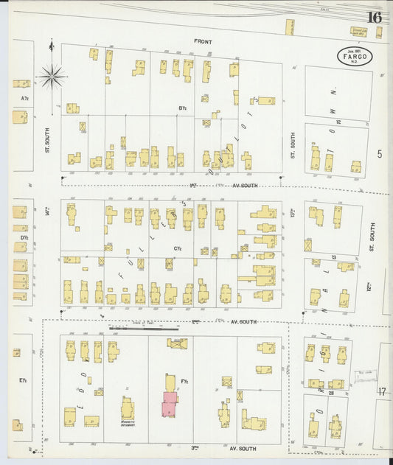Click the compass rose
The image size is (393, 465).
52,74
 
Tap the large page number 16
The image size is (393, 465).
373,18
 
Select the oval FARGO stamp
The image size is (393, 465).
355,56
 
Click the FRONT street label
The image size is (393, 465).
203,42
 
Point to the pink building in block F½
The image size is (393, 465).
169,403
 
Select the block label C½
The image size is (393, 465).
178,248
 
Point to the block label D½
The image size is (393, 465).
24,237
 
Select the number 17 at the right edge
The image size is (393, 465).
382,391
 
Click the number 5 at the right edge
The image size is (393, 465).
380,153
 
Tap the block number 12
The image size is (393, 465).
338,121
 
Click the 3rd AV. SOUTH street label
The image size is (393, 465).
221,448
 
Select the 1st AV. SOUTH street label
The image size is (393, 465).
221,186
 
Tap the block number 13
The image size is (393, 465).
333,257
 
